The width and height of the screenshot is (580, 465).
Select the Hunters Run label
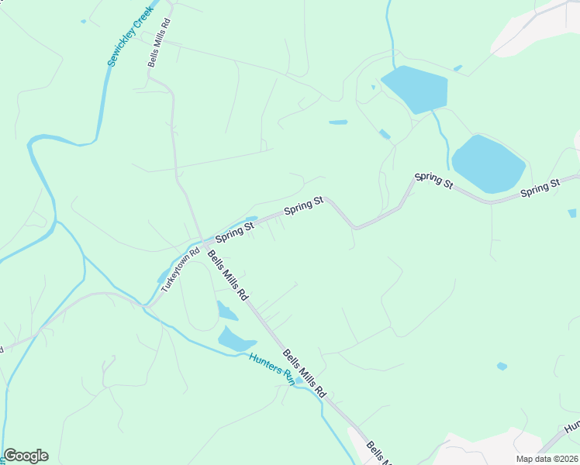click(272, 368)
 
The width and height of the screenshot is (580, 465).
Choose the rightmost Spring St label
click(540, 188)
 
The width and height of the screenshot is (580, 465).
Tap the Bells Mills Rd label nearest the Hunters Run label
click(304, 374)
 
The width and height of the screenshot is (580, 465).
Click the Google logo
click(26, 456)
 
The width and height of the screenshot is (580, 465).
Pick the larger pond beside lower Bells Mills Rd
click(236, 339)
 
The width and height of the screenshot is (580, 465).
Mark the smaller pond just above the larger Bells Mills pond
click(226, 312)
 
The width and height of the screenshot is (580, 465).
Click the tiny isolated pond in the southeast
click(502, 366)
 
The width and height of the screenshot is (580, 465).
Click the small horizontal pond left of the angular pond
click(338, 122)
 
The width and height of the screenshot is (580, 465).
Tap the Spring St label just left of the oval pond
click(433, 180)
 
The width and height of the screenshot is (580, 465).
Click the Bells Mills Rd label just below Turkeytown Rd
click(227, 275)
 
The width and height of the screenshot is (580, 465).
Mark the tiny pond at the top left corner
click(83, 22)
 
